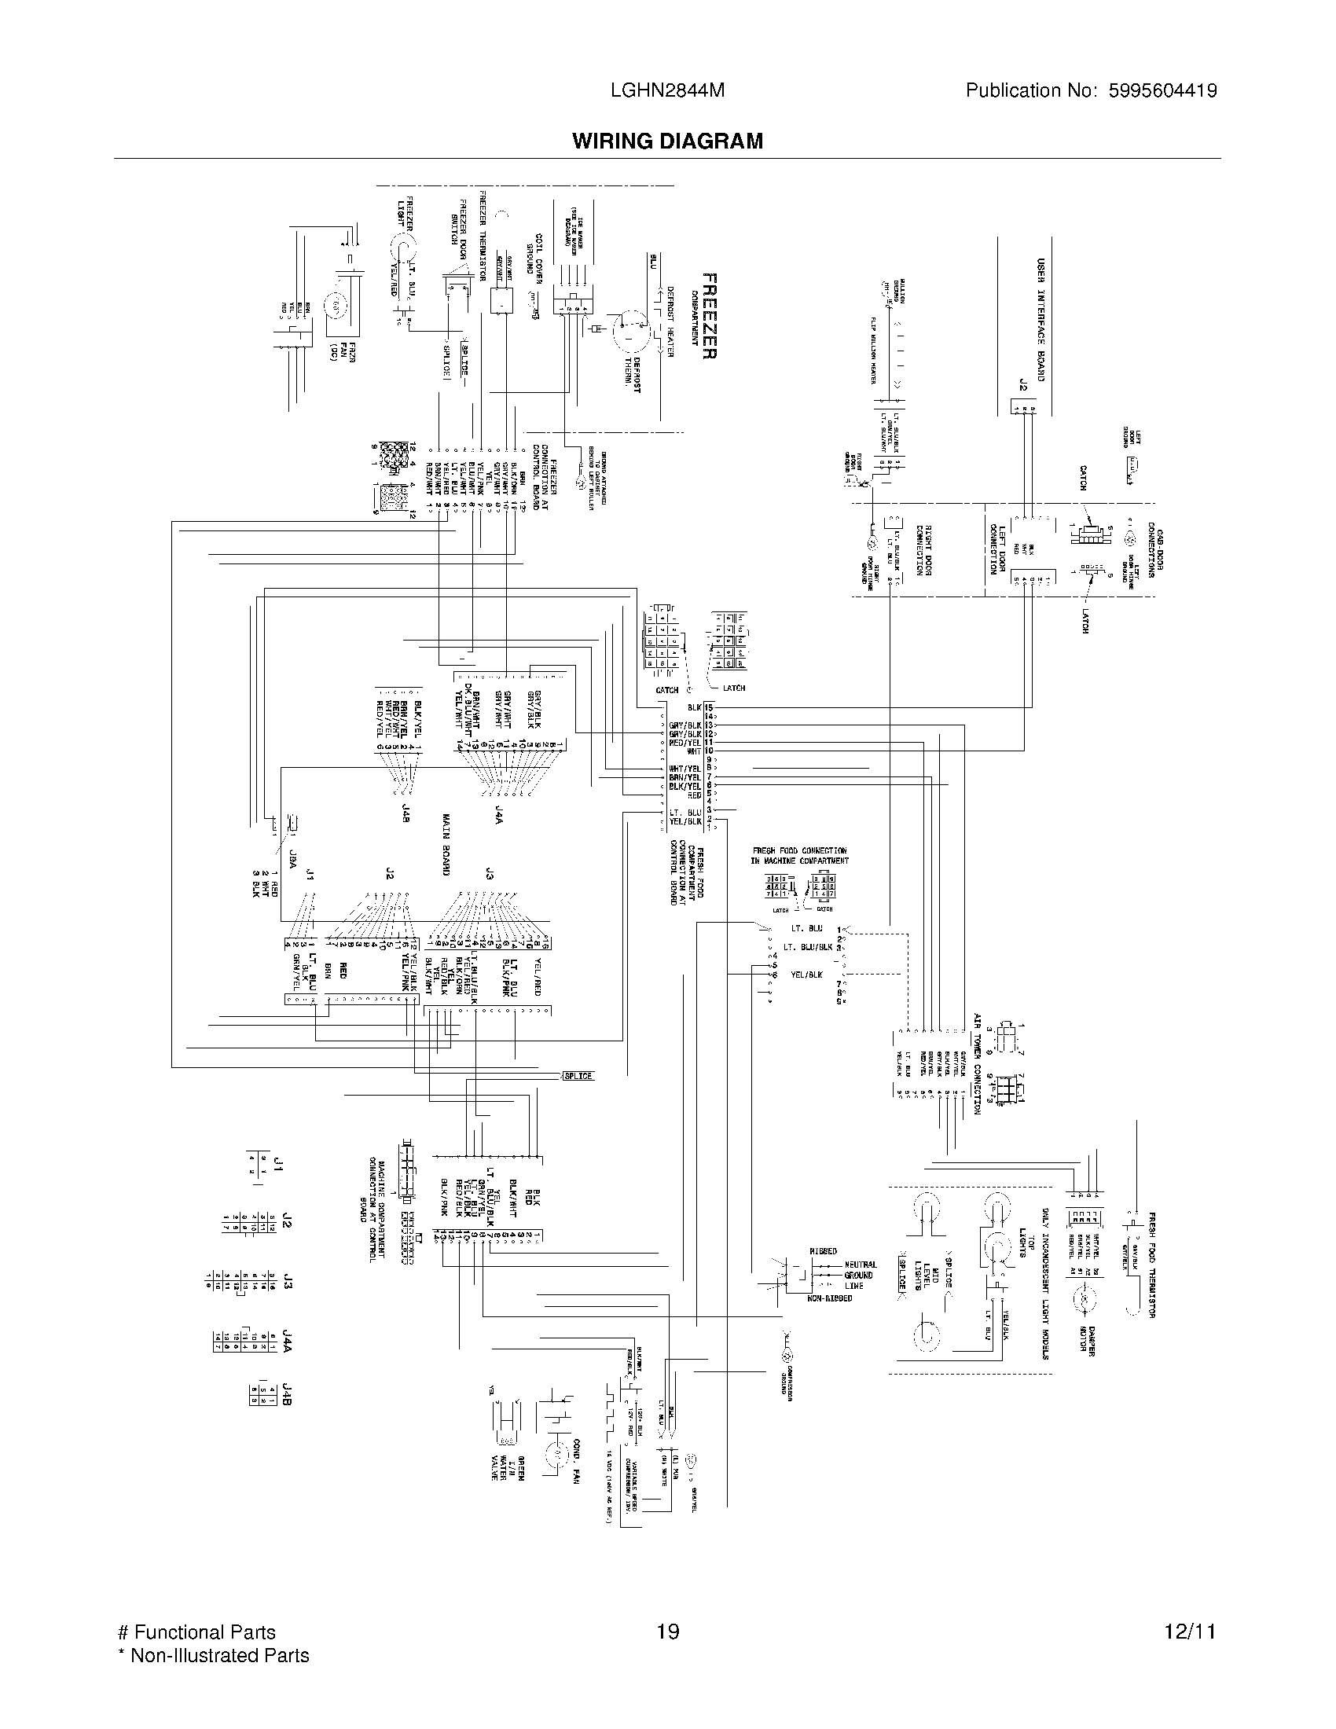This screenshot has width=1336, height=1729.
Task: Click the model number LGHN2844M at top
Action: pos(667,91)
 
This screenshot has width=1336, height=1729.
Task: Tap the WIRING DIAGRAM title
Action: pos(667,141)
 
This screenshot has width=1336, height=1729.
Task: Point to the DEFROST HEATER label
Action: pos(669,321)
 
